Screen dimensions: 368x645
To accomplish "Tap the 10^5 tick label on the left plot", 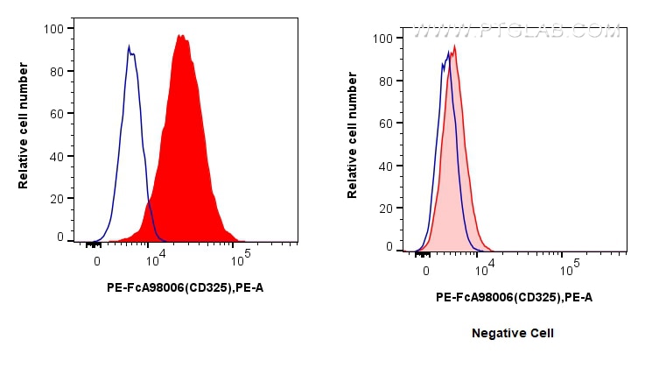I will [242, 256].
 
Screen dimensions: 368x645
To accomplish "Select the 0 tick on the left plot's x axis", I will [97, 259].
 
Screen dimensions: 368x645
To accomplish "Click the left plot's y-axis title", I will [24, 132].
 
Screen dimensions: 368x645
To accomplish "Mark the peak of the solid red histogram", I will [180, 36].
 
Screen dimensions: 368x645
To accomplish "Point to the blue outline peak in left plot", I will [129, 46].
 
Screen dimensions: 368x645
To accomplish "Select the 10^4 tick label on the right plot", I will [484, 265].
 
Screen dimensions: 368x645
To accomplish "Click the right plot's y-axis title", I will [353, 142].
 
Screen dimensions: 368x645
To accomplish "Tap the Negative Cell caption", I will [513, 334].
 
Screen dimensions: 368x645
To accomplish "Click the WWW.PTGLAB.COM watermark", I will [516, 32].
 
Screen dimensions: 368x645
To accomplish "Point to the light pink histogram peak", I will [455, 47].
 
